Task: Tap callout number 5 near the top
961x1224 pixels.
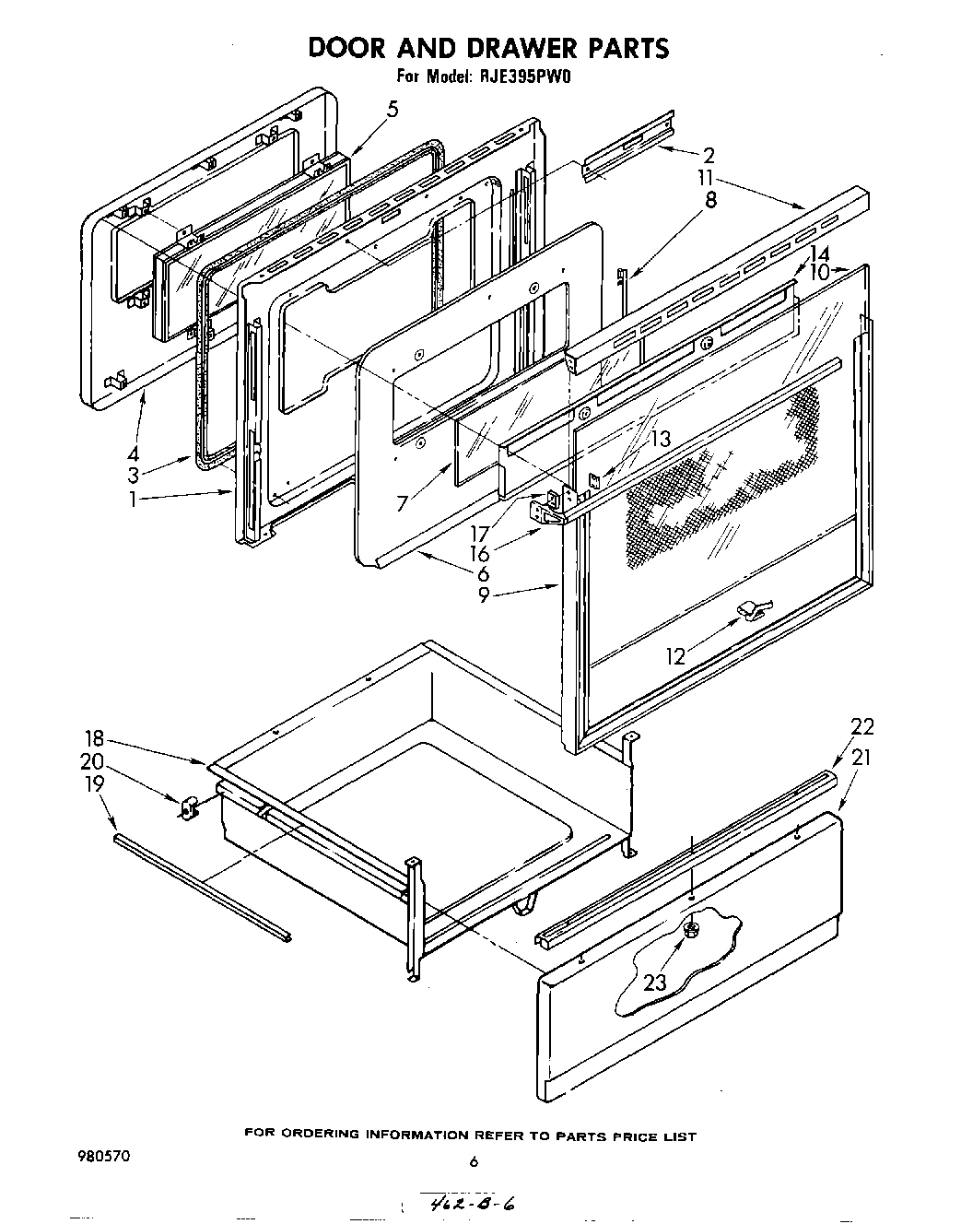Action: tap(393, 110)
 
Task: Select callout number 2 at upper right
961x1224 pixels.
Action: tap(709, 155)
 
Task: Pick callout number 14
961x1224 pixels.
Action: tap(819, 253)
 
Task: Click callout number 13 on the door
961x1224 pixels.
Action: tap(660, 439)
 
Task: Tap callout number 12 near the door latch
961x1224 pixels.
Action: tap(677, 655)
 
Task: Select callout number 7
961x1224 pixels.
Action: tap(402, 503)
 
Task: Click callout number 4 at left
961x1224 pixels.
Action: tap(134, 453)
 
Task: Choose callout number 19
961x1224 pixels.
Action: tap(94, 783)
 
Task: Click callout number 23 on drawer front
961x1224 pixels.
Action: tap(654, 983)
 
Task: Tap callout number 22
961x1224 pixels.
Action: tap(861, 727)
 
